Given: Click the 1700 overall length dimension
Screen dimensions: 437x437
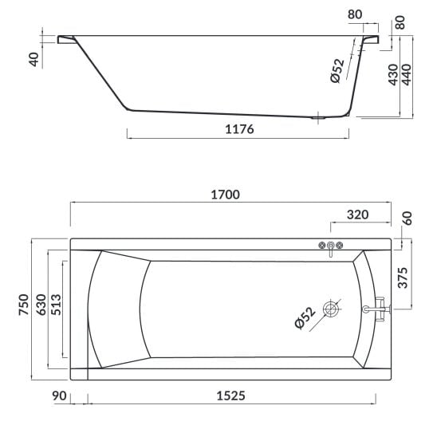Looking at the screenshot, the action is [225, 195].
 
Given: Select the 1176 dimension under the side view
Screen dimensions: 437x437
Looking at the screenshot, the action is [239, 129].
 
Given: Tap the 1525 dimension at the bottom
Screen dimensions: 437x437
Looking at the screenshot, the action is [231, 396].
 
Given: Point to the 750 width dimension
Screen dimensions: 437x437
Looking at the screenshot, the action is [24, 305].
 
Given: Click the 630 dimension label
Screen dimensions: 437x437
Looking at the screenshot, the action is [41, 305].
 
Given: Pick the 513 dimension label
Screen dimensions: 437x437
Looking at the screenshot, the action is [56, 305].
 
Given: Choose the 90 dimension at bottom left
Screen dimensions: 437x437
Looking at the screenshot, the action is [59, 396].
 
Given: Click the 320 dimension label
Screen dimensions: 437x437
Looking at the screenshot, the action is [358, 215].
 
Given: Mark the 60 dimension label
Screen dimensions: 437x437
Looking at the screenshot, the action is [407, 218].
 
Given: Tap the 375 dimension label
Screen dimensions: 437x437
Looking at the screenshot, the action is [403, 278].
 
